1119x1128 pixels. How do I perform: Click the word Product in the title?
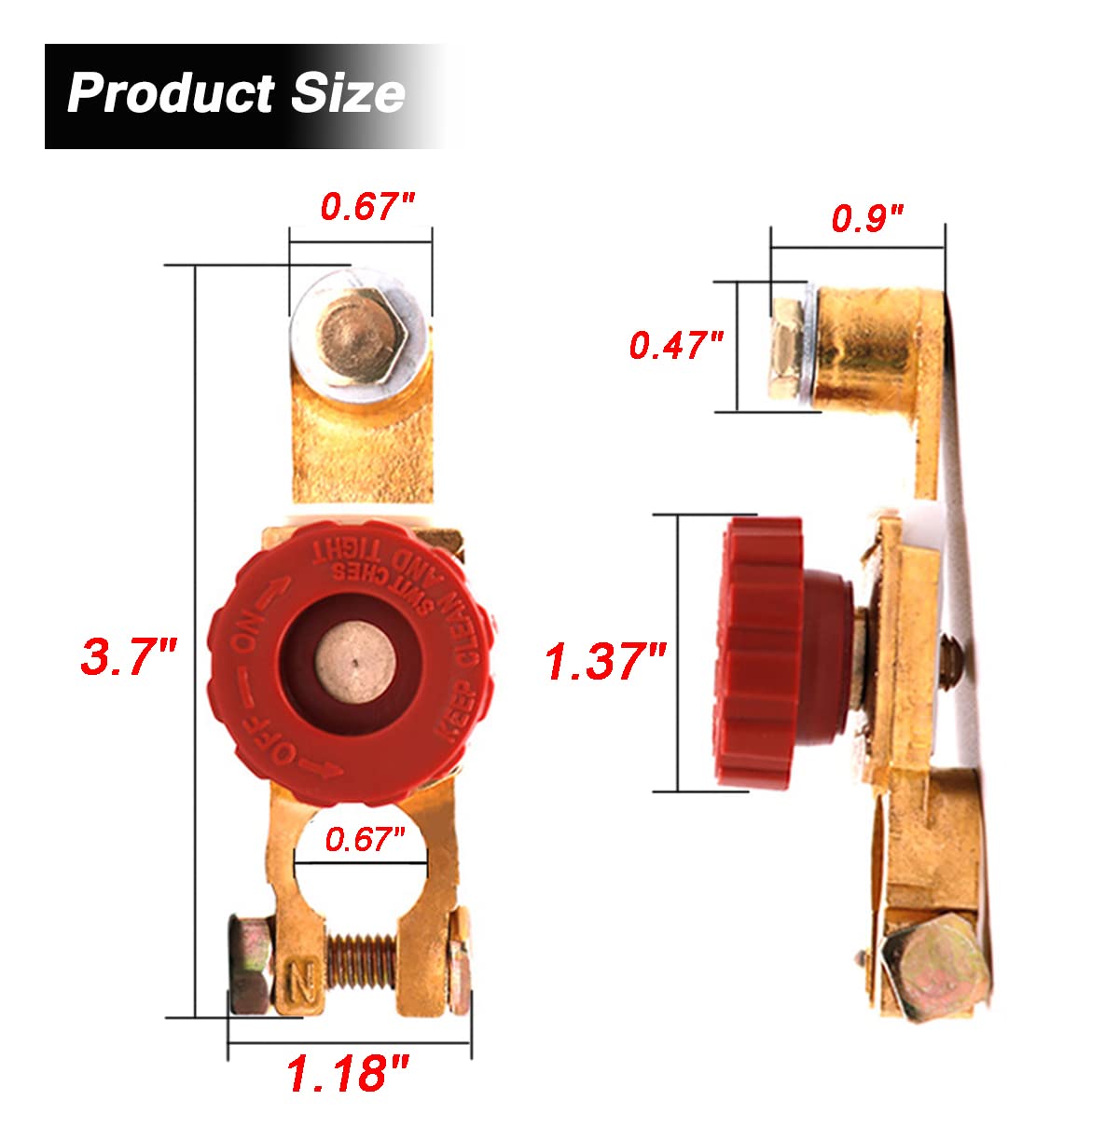coord(170,93)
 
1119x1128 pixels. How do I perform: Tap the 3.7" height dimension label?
coord(128,656)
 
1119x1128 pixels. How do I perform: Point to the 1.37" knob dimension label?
coord(605,662)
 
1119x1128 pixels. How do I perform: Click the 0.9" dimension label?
coord(867,219)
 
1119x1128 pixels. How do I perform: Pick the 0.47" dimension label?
coord(676,345)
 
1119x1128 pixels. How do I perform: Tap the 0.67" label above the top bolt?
coord(366,206)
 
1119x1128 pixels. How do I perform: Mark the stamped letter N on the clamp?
coord(302,978)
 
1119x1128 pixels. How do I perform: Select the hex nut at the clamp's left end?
coord(250,966)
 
